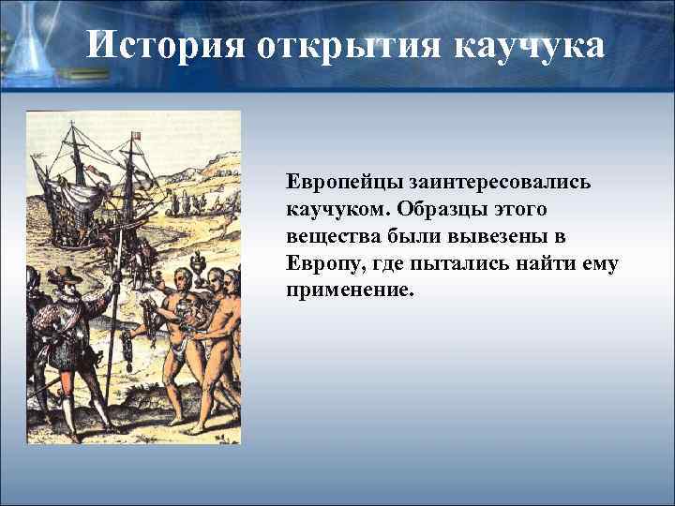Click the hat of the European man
(x=65, y=275)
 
